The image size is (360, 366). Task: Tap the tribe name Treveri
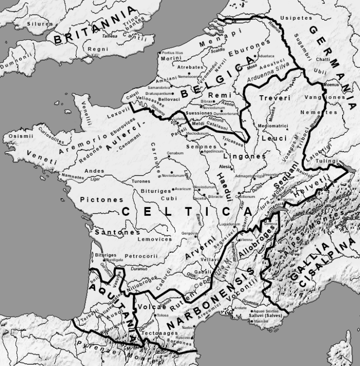[x=275, y=99]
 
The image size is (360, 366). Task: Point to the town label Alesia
[x=225, y=167]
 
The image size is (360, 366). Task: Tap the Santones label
[x=117, y=232]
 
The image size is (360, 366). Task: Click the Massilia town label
[x=261, y=321]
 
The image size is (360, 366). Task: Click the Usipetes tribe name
[x=296, y=18]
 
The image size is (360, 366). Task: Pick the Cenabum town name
[x=175, y=153]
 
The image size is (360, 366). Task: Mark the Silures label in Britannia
[x=40, y=23]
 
